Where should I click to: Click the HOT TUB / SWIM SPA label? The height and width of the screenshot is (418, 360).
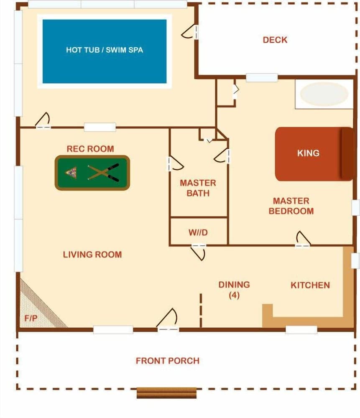point(104,50)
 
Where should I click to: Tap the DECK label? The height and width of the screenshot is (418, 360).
point(275,40)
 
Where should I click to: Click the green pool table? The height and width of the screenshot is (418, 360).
point(92,173)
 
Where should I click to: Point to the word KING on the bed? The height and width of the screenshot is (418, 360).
point(308,153)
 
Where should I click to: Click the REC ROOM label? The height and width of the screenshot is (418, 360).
point(90,148)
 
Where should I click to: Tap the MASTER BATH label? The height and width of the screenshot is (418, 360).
point(198,188)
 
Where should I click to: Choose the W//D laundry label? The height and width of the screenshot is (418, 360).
point(198,232)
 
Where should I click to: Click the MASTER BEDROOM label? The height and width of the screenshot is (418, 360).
point(291,206)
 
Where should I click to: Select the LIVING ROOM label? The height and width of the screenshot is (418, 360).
point(92,254)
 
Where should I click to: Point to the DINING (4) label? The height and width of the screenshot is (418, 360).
point(234,289)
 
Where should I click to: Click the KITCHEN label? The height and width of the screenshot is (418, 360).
point(310,285)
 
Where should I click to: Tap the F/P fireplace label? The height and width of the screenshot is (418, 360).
point(31,318)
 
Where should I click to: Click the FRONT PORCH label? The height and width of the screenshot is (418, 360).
point(167,360)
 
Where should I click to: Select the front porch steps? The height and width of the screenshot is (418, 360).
point(166,393)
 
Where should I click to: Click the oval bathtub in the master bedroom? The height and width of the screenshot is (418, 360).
point(324,94)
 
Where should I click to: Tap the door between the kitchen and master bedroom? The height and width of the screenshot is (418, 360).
point(303,240)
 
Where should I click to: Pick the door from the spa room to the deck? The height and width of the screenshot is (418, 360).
point(193,31)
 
